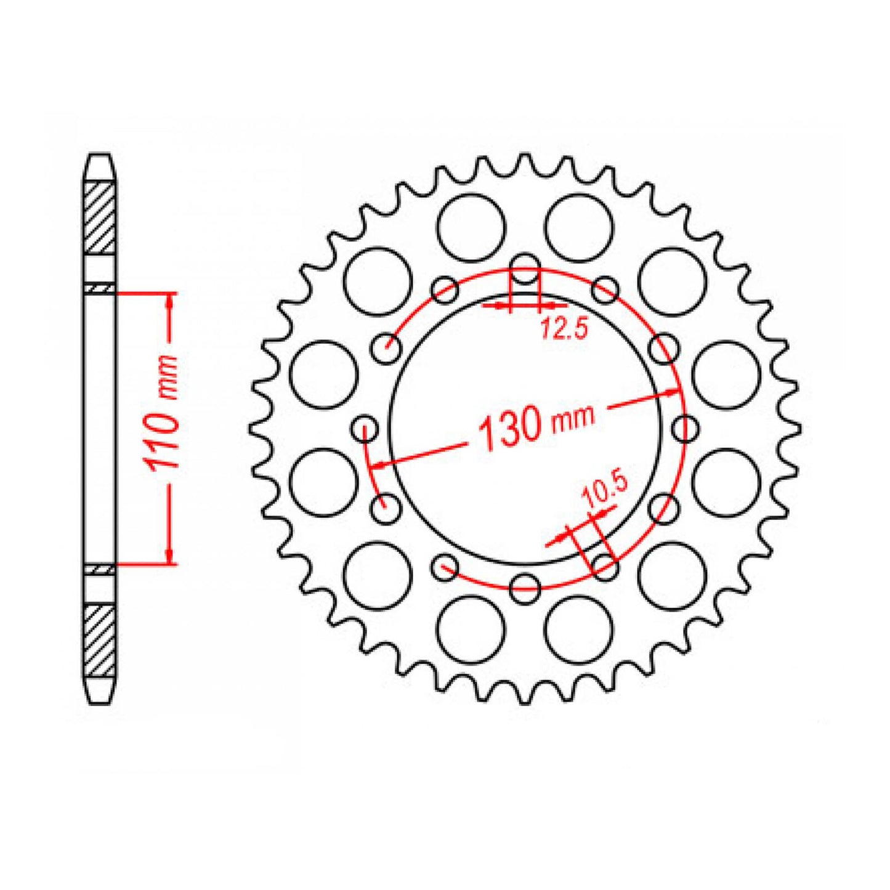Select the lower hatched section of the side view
click(99, 641)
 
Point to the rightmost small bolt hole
click(684, 429)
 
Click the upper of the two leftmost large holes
click(323, 374)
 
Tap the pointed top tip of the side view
click(99, 155)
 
